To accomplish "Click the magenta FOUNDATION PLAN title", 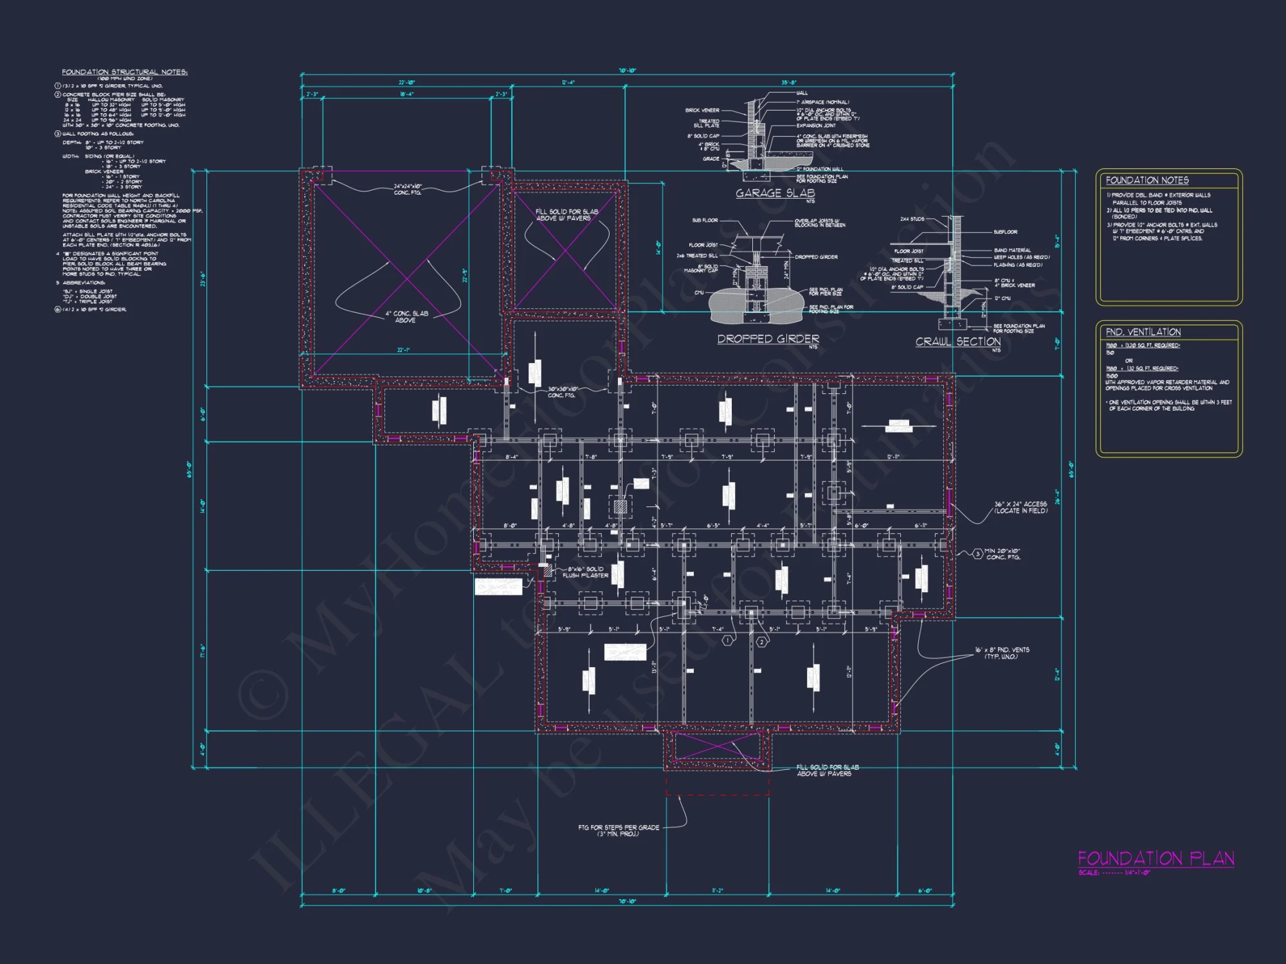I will tap(1155, 859).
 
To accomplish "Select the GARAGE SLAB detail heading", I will tap(775, 193).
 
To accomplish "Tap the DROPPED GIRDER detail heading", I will tap(768, 339).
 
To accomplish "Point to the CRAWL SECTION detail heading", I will tap(957, 342).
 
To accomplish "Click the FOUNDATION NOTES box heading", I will tap(1147, 181).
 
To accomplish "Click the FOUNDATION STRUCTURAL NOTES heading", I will tap(125, 72).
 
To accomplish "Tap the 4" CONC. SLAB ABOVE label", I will tap(406, 317).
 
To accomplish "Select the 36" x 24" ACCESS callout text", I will tap(1020, 507).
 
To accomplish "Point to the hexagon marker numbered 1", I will tap(728, 641).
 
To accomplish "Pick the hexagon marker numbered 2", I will tap(762, 641).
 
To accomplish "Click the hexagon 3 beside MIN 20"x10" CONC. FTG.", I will tap(977, 553).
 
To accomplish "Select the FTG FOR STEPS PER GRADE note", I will tap(618, 830).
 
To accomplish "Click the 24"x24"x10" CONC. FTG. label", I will tap(408, 190).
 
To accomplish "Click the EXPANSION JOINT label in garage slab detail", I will tap(816, 125).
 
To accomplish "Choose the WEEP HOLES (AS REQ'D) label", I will tap(1022, 257).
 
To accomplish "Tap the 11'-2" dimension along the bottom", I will tap(718, 891).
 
